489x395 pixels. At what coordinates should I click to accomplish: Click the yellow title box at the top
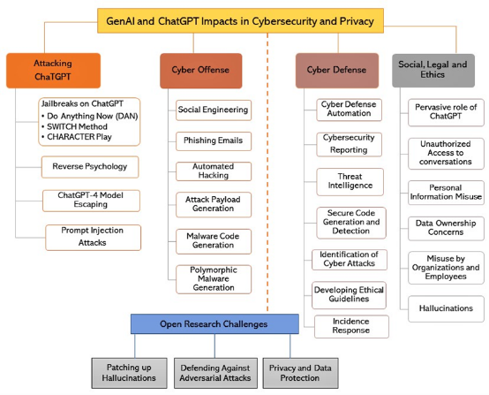pos(240,21)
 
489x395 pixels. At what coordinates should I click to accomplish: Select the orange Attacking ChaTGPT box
pos(53,71)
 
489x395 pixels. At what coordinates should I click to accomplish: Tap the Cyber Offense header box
pos(201,71)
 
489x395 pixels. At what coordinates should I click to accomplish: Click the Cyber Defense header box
pos(337,71)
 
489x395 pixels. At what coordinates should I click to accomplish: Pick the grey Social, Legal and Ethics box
pos(433,71)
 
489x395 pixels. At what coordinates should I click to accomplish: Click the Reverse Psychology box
pos(90,167)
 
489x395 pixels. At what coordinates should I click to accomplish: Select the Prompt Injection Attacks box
pos(93,238)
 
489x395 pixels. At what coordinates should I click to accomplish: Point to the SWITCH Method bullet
pos(74,126)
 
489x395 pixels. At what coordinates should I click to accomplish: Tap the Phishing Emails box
pos(214,141)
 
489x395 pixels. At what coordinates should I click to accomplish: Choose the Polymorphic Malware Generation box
pos(214,279)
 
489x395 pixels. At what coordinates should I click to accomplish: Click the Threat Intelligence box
pos(350,182)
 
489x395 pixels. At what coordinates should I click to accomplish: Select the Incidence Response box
pos(351,326)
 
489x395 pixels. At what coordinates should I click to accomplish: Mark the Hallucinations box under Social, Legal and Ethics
pos(446,308)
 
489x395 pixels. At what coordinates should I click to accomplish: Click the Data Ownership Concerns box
pos(446,228)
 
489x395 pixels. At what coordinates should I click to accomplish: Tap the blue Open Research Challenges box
pos(214,323)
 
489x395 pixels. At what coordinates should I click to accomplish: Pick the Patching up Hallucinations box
pos(129,373)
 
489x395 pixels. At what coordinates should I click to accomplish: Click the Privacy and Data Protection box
pos(300,373)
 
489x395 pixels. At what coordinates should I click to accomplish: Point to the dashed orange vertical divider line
pos(267,172)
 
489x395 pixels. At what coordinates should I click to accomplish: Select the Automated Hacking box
pos(214,171)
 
